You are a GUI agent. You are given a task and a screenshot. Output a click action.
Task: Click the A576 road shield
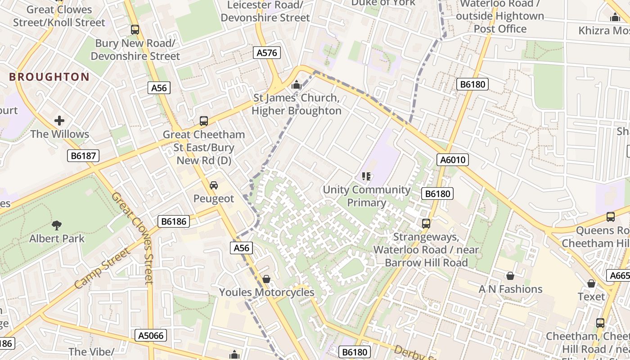266,53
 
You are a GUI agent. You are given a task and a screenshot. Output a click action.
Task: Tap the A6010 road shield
453,160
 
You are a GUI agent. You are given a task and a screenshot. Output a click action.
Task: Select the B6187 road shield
83,156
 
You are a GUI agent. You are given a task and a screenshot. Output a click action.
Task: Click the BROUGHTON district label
49,77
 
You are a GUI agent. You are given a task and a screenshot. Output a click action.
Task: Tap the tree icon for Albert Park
57,225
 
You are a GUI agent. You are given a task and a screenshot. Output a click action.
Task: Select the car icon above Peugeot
214,185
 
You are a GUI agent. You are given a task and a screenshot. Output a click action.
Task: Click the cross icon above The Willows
59,121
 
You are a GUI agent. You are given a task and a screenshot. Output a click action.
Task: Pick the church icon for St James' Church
296,85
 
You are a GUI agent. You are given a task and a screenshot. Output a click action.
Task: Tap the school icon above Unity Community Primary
366,176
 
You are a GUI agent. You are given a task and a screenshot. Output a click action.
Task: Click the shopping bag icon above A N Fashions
510,275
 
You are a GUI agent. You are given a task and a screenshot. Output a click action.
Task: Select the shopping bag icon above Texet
591,283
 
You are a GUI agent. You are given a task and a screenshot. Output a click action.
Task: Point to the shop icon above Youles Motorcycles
266,279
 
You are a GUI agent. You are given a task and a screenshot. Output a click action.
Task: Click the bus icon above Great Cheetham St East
204,121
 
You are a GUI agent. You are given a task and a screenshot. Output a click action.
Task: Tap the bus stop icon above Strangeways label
426,223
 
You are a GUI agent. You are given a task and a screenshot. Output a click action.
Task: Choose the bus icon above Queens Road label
611,216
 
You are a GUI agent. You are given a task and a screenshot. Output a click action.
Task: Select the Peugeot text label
214,198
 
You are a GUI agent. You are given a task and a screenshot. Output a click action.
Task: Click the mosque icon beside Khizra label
615,18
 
